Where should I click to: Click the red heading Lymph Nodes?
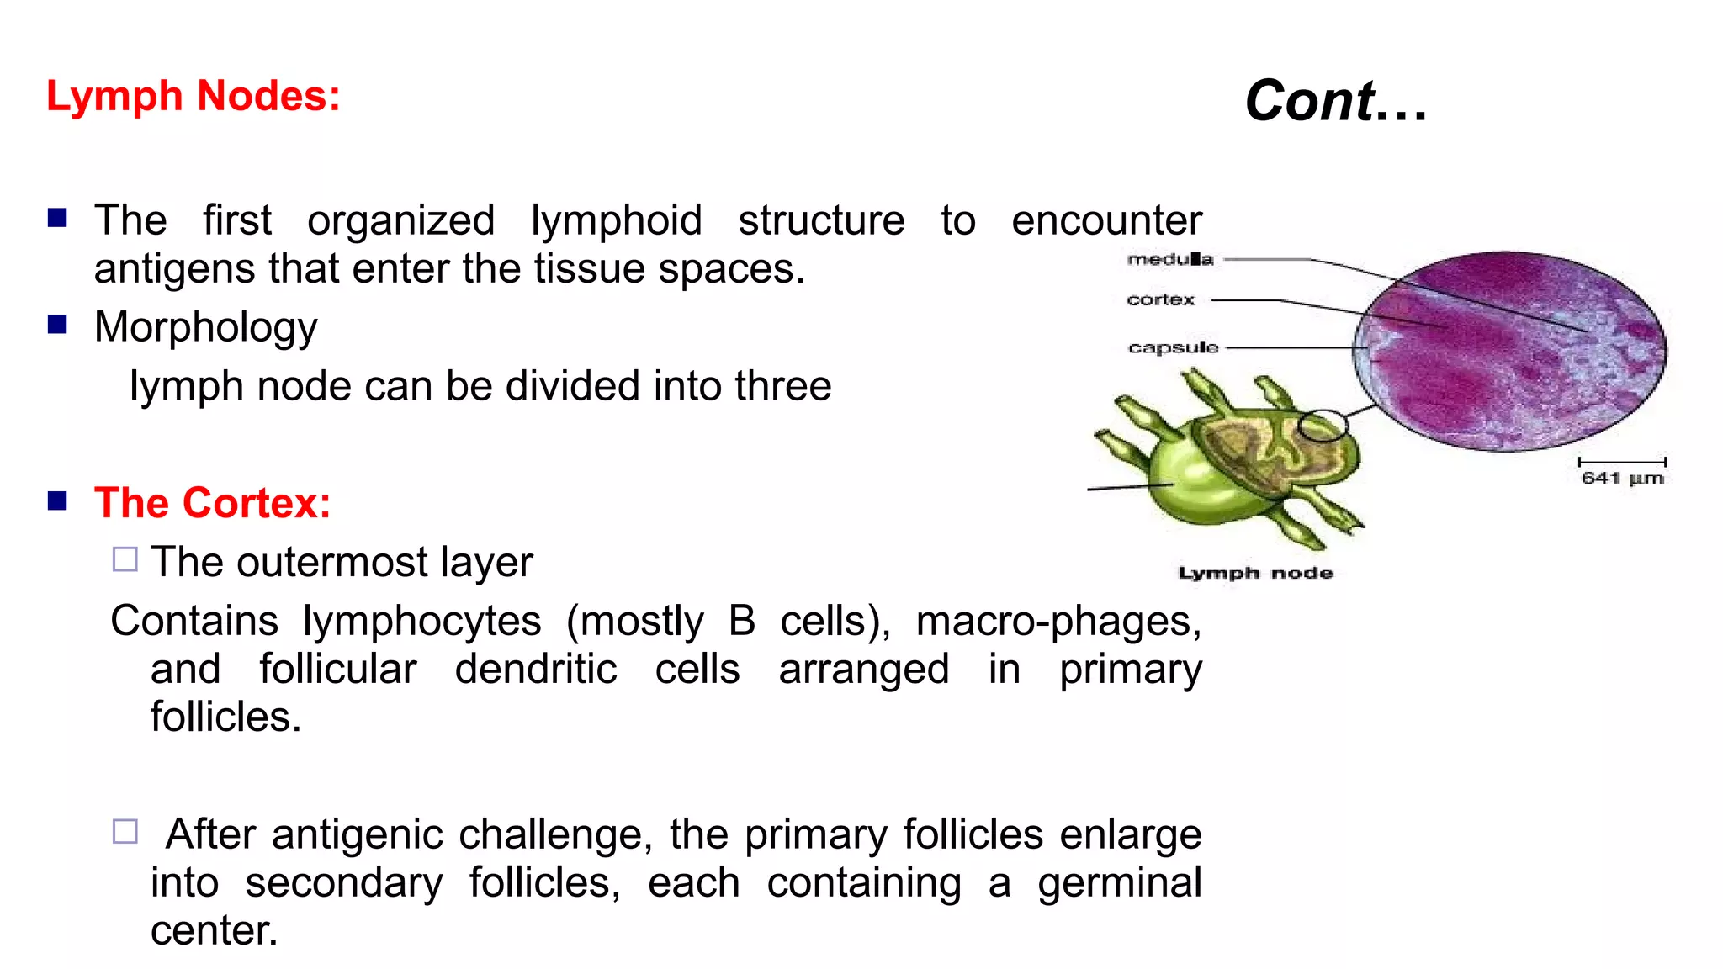tap(193, 96)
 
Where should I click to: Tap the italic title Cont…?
tap(1336, 101)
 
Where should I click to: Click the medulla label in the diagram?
tap(1169, 259)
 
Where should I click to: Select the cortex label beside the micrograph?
tap(1160, 299)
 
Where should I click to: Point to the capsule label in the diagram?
tap(1173, 347)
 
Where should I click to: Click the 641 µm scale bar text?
tap(1622, 478)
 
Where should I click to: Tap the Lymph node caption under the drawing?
tap(1255, 573)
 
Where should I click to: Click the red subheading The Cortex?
tap(212, 503)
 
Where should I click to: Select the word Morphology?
tap(205, 327)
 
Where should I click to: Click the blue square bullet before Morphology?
tap(57, 325)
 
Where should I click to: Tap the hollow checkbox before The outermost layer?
tap(125, 559)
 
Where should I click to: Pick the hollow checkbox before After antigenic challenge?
tap(125, 831)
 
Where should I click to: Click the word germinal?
tap(1119, 883)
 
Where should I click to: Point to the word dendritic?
tap(536, 670)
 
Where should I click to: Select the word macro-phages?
tap(1058, 622)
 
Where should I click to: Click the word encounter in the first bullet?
tap(1106, 220)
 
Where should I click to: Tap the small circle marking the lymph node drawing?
tap(1322, 426)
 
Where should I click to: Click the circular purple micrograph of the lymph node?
tap(1509, 351)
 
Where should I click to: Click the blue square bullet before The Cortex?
tap(57, 501)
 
